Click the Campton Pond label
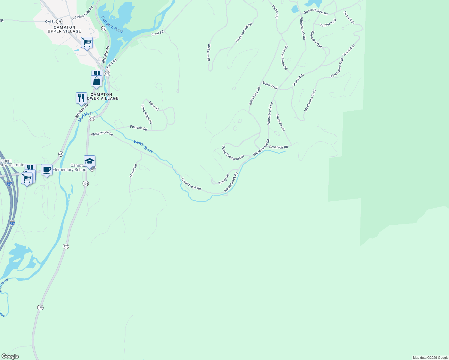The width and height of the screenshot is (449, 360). tap(112, 24)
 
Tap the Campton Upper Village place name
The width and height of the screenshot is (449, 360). tap(64, 29)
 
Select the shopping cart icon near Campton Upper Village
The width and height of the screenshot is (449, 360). tap(87, 43)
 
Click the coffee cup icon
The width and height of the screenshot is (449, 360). tap(47, 170)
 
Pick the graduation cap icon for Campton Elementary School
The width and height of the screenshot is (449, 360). tap(89, 161)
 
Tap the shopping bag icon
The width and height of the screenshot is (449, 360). tap(97, 81)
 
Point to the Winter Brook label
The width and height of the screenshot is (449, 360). tap(143, 147)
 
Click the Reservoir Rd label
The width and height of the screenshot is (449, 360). tap(278, 147)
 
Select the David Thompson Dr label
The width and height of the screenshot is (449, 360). tap(233, 153)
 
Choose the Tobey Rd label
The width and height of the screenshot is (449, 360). tap(224, 179)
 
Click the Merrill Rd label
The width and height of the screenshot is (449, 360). tap(133, 170)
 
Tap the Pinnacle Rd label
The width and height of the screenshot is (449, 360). tap(138, 128)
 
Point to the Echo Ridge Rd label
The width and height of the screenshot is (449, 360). tap(147, 114)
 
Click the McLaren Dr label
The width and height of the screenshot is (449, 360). tap(209, 53)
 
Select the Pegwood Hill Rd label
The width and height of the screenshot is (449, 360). tap(244, 32)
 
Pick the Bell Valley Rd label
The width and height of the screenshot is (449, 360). tap(254, 96)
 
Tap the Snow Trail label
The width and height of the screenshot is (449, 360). tap(270, 85)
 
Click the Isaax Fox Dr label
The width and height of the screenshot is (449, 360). tap(280, 122)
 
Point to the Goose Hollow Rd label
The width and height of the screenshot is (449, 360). tap(315, 12)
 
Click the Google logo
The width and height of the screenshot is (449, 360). tap(10, 356)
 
